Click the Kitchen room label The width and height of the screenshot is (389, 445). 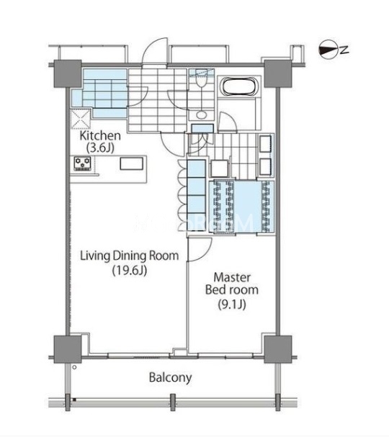click(x=100, y=135)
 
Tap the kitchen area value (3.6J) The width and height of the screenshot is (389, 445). click(x=100, y=148)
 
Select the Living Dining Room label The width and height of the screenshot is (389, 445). click(x=130, y=256)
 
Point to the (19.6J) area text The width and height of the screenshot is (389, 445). click(x=130, y=270)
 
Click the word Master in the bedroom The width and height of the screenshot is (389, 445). click(x=232, y=277)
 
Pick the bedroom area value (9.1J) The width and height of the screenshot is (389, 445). click(x=232, y=305)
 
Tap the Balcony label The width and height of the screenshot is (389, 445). click(x=170, y=378)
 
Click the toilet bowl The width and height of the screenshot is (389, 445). click(x=201, y=81)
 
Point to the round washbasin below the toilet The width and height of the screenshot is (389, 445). click(x=202, y=115)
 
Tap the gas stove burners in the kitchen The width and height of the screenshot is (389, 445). click(x=82, y=163)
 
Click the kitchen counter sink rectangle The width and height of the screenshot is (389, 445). click(x=131, y=163)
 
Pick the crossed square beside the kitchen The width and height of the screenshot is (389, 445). click(x=81, y=118)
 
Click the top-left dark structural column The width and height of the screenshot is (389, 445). click(x=68, y=73)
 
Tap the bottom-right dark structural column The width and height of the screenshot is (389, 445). click(x=277, y=349)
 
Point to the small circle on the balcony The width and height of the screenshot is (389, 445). click(x=74, y=367)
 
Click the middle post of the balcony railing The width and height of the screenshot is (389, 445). click(x=173, y=402)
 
